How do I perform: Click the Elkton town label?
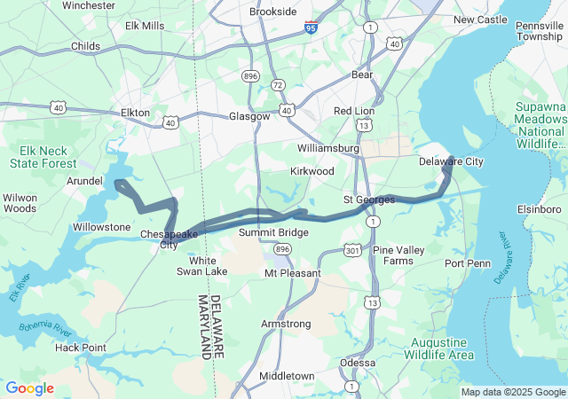[135, 113]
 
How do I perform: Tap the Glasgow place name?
[249, 116]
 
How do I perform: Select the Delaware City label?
[451, 162]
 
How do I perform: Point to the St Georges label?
[369, 200]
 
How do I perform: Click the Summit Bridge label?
[273, 232]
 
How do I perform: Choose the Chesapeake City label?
[169, 239]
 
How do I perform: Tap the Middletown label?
[286, 376]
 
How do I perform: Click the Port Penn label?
[467, 263]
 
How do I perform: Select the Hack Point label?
[80, 348]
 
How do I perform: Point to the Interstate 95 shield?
[311, 27]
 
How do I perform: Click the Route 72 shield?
[278, 85]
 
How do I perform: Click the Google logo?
[29, 388]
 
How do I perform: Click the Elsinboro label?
[540, 209]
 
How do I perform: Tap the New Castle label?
[480, 20]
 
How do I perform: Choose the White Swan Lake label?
[196, 266]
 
